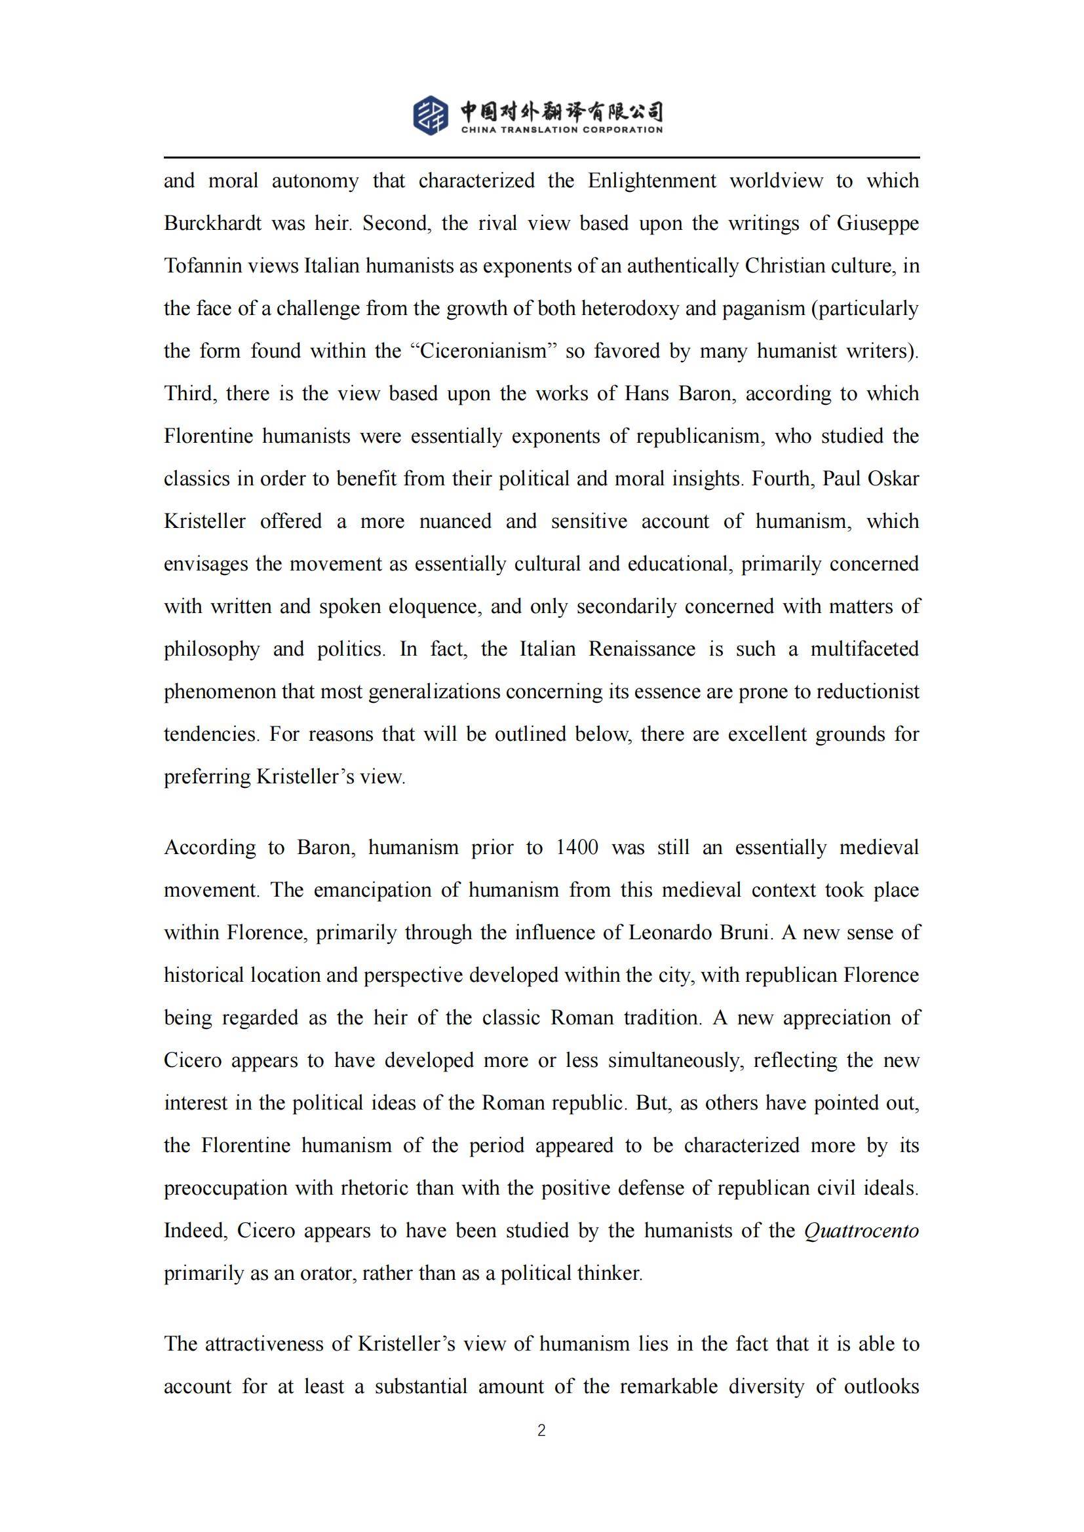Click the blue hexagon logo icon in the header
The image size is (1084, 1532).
tap(431, 115)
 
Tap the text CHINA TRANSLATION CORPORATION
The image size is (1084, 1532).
tap(562, 130)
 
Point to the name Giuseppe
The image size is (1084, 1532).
tap(878, 223)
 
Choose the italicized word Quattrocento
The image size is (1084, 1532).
tap(862, 1231)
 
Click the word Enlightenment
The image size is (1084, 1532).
tap(652, 181)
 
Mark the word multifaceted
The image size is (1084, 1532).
tap(864, 648)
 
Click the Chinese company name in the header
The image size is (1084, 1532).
tap(562, 111)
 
